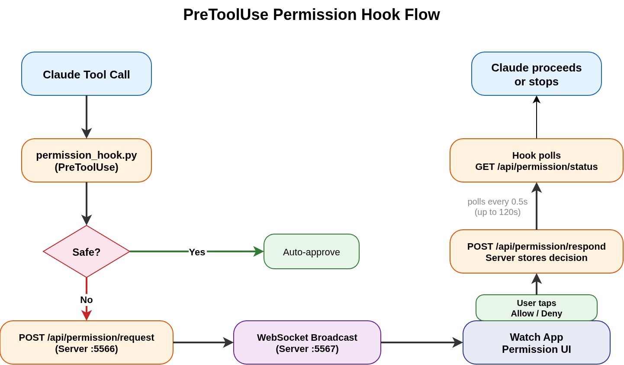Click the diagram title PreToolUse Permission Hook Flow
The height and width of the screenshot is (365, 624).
(x=311, y=15)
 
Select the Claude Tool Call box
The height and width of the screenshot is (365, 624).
(x=87, y=74)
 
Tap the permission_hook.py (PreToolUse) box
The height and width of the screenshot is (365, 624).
(x=87, y=161)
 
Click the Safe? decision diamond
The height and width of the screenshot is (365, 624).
(x=87, y=251)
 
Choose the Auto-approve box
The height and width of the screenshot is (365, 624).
(x=311, y=252)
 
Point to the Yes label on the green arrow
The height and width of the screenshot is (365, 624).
(x=197, y=252)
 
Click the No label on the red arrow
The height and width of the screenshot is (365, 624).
(x=87, y=300)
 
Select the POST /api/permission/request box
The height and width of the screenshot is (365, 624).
(x=87, y=342)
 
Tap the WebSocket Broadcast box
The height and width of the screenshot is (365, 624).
(x=307, y=342)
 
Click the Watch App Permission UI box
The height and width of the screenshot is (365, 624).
(x=536, y=343)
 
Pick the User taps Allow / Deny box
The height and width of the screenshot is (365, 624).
(x=536, y=308)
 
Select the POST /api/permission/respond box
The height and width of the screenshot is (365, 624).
(x=536, y=252)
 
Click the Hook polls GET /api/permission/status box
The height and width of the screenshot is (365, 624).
(x=536, y=161)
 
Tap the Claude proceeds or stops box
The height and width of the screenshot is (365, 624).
(x=536, y=74)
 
